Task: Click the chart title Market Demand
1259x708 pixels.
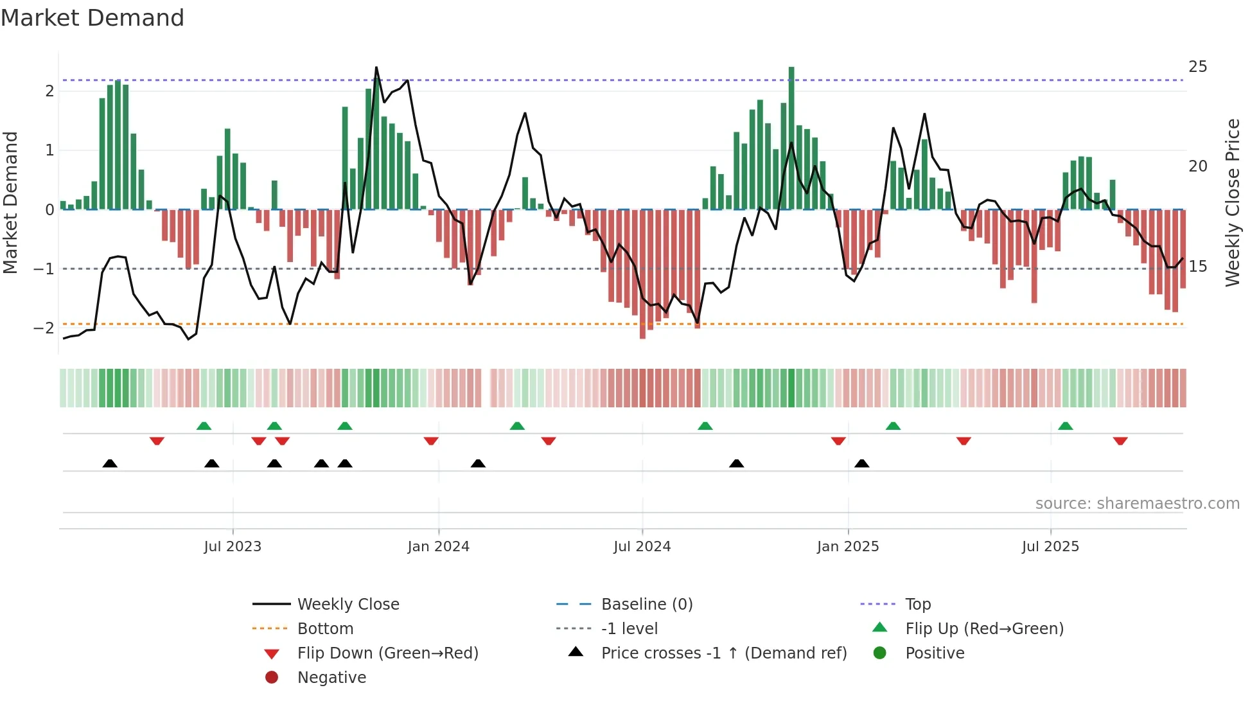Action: pyautogui.click(x=92, y=18)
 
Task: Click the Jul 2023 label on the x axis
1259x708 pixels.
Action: pyautogui.click(x=233, y=547)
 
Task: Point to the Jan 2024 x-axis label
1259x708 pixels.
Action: pyautogui.click(x=438, y=547)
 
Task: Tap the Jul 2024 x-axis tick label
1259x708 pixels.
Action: pyautogui.click(x=642, y=547)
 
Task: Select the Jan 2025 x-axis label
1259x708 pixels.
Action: pyautogui.click(x=848, y=547)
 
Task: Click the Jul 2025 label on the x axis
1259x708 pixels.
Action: pyautogui.click(x=1050, y=547)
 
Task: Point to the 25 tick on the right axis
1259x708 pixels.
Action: pyautogui.click(x=1197, y=67)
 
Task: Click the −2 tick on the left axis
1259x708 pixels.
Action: pyautogui.click(x=44, y=328)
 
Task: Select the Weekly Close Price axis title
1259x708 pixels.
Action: pyautogui.click(x=1232, y=202)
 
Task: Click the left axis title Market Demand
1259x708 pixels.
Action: pyautogui.click(x=11, y=202)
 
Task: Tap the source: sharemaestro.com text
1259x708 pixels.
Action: pyautogui.click(x=1137, y=504)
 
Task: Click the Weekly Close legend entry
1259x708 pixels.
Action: pyautogui.click(x=348, y=605)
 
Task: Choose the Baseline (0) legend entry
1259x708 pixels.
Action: pyautogui.click(x=646, y=605)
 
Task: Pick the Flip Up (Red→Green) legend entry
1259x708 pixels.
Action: pyautogui.click(x=984, y=629)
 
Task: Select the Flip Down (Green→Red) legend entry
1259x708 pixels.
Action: pyautogui.click(x=387, y=653)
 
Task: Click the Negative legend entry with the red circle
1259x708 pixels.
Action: pyautogui.click(x=331, y=678)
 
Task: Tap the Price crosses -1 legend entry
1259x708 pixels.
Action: pyautogui.click(x=723, y=653)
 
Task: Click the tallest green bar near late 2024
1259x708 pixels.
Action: pyautogui.click(x=791, y=138)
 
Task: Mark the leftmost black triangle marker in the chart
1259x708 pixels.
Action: pyautogui.click(x=110, y=463)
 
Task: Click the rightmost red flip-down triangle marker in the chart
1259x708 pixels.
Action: pyautogui.click(x=1120, y=441)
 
